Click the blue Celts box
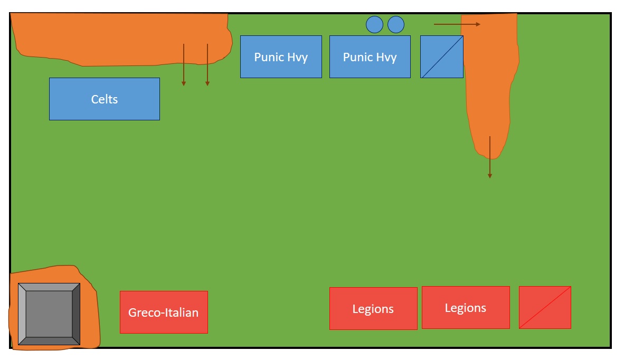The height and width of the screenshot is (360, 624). pyautogui.click(x=104, y=99)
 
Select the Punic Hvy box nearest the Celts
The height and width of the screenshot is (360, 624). pyautogui.click(x=281, y=56)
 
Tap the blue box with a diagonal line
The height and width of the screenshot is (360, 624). pyautogui.click(x=441, y=56)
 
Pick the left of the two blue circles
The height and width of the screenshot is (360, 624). pyautogui.click(x=374, y=24)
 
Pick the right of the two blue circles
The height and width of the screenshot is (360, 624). pyautogui.click(x=396, y=24)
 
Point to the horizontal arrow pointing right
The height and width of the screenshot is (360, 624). pyautogui.click(x=457, y=24)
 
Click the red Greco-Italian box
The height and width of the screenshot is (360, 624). pyautogui.click(x=164, y=312)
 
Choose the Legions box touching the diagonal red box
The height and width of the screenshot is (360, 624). pyautogui.click(x=466, y=307)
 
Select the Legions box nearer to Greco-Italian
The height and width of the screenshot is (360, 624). pyautogui.click(x=373, y=308)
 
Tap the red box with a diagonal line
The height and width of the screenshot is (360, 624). pyautogui.click(x=545, y=307)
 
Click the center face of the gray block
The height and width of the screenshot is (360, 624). pyautogui.click(x=49, y=314)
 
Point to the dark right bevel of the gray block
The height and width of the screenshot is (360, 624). pyautogui.click(x=77, y=314)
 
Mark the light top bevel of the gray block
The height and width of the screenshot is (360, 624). pyautogui.click(x=49, y=287)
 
